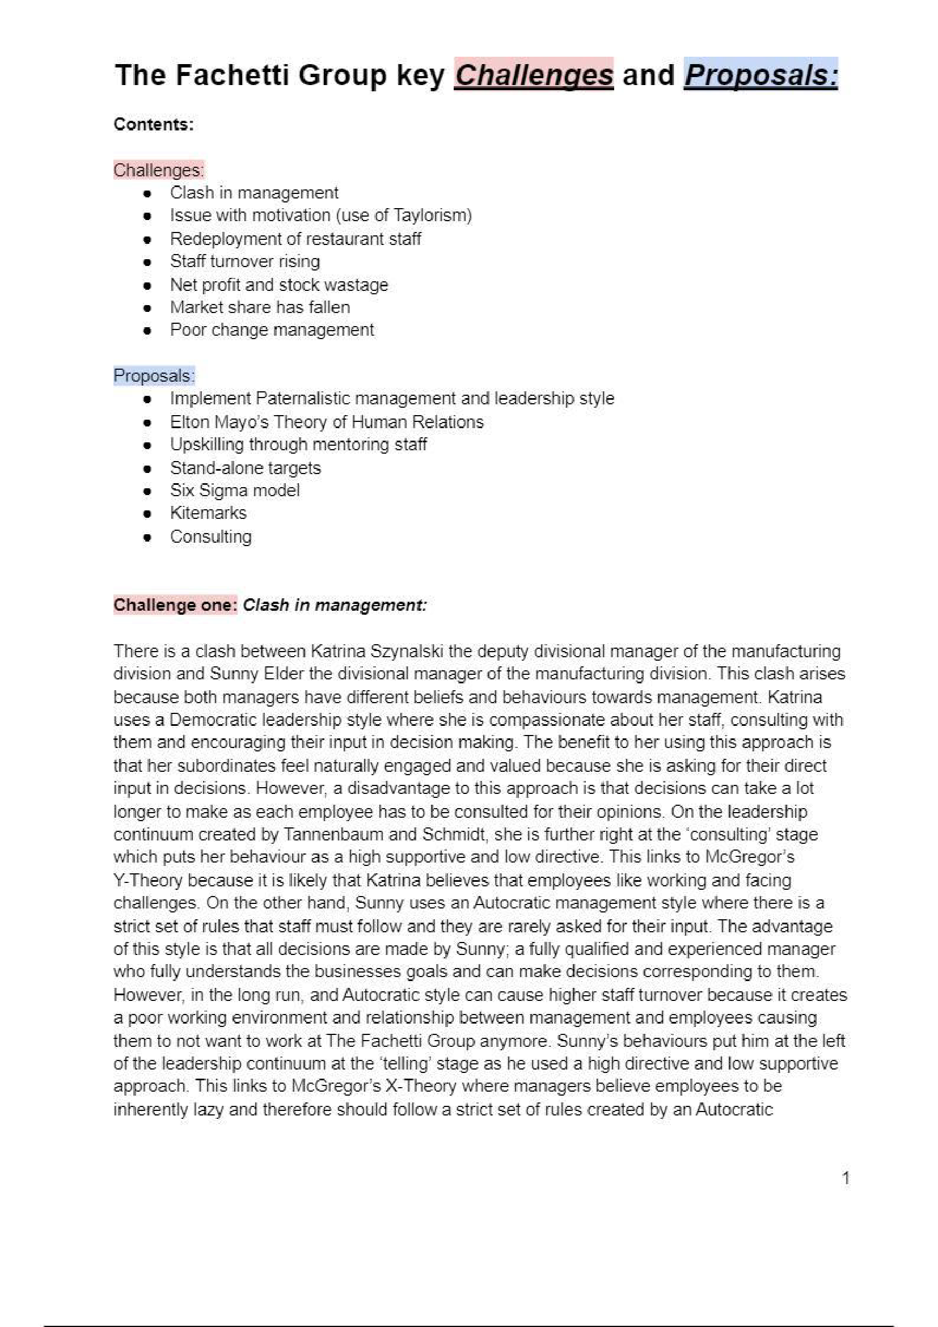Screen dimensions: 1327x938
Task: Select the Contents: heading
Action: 153,124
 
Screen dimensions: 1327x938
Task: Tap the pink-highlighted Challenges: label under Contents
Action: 158,170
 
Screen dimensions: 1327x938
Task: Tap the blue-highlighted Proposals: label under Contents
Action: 154,375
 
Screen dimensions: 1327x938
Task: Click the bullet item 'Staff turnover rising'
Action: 244,261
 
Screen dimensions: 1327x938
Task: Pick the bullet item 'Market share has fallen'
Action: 260,307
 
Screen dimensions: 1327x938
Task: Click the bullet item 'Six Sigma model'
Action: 235,490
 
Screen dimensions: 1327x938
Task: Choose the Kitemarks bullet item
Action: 208,513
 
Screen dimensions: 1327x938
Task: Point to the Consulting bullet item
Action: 210,536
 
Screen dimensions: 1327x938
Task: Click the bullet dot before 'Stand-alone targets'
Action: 147,468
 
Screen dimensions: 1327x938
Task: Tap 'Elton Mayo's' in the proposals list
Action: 219,422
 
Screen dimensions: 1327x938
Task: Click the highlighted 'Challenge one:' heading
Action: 175,605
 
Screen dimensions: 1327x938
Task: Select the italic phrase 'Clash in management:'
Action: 334,605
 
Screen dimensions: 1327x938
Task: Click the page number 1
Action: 846,1178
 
